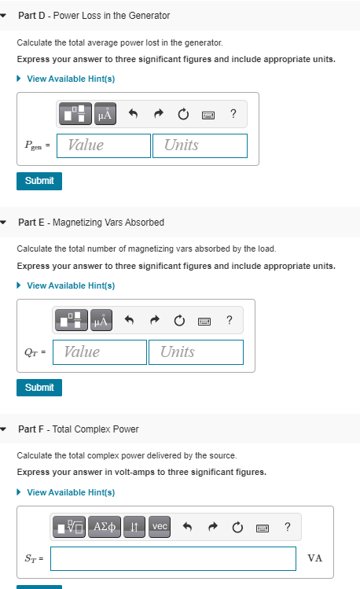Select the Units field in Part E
click(x=196, y=352)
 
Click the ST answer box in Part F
click(x=174, y=558)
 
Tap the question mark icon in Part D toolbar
click(x=233, y=115)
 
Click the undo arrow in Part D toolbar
click(x=134, y=115)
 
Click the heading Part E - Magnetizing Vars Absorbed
click(x=79, y=223)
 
